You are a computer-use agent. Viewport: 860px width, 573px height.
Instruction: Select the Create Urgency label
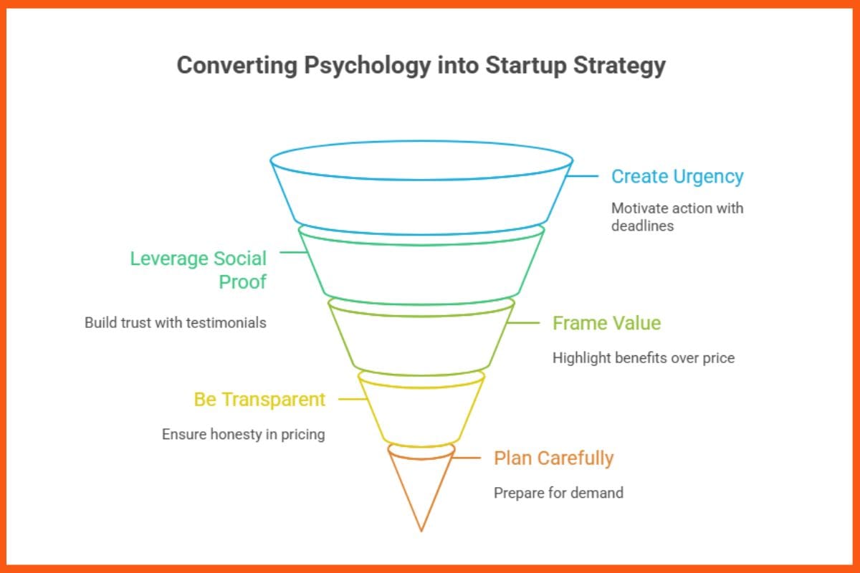click(677, 176)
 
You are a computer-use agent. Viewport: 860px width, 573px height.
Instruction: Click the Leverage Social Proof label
click(198, 270)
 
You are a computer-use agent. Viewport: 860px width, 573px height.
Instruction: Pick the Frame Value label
click(606, 323)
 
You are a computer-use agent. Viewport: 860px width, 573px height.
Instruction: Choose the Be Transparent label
click(259, 399)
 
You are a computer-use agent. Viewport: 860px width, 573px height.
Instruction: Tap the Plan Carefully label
click(553, 458)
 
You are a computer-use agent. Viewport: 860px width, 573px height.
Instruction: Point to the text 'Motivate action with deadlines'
click(677, 216)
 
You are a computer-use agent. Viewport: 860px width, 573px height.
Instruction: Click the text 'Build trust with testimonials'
click(176, 322)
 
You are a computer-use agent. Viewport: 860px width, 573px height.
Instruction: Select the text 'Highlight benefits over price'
click(643, 357)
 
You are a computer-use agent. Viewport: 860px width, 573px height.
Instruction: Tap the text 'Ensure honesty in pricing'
click(243, 434)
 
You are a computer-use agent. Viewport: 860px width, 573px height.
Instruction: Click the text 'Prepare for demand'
click(558, 492)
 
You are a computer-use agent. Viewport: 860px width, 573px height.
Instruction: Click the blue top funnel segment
click(421, 193)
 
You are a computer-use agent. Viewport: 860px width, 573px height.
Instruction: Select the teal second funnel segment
click(421, 269)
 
